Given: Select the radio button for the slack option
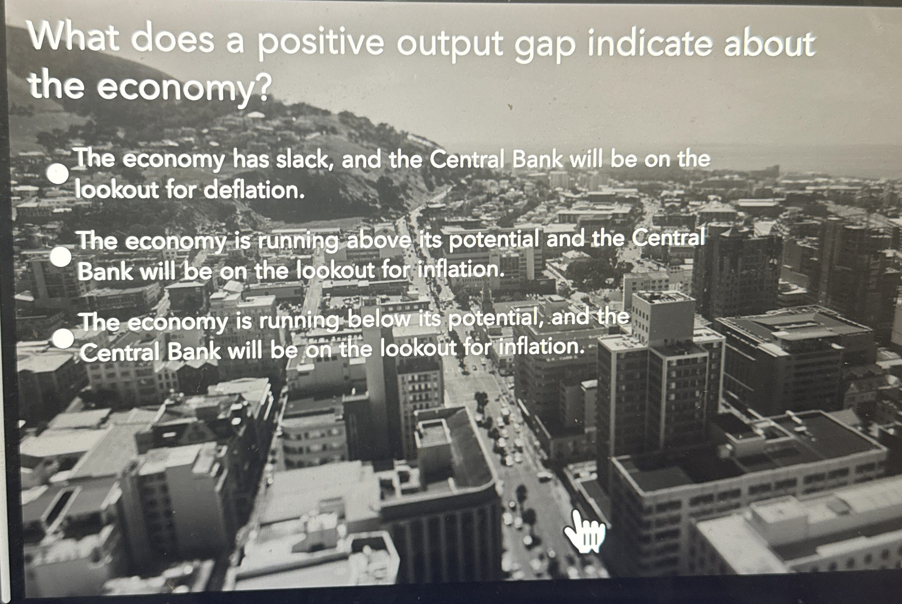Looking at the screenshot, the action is pyautogui.click(x=57, y=174).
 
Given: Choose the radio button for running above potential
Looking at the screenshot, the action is pyautogui.click(x=61, y=256).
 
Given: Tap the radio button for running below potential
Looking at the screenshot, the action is pyautogui.click(x=64, y=339).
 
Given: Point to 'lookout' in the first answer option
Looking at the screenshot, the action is pyautogui.click(x=118, y=189).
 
